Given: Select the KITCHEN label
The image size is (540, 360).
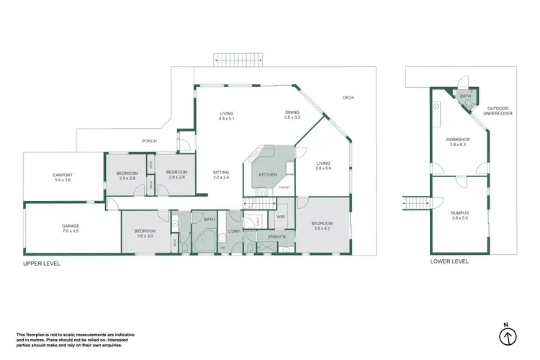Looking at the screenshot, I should tap(269, 175).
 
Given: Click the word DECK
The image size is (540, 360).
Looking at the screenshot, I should tap(348, 98).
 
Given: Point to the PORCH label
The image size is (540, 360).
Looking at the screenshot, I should tap(149, 141).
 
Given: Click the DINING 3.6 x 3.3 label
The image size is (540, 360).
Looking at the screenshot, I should tap(292, 114).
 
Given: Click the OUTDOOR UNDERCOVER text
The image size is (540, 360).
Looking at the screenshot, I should tap(497, 111).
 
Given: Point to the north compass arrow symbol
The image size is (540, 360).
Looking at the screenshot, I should tap(508, 336).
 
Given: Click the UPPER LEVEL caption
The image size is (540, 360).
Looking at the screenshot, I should tap(41, 264).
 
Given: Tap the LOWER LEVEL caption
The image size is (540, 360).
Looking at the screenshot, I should tap(449, 262).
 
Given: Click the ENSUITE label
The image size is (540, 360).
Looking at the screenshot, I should tap(277, 235).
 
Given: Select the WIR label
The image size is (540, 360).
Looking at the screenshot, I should tap(281, 216).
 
